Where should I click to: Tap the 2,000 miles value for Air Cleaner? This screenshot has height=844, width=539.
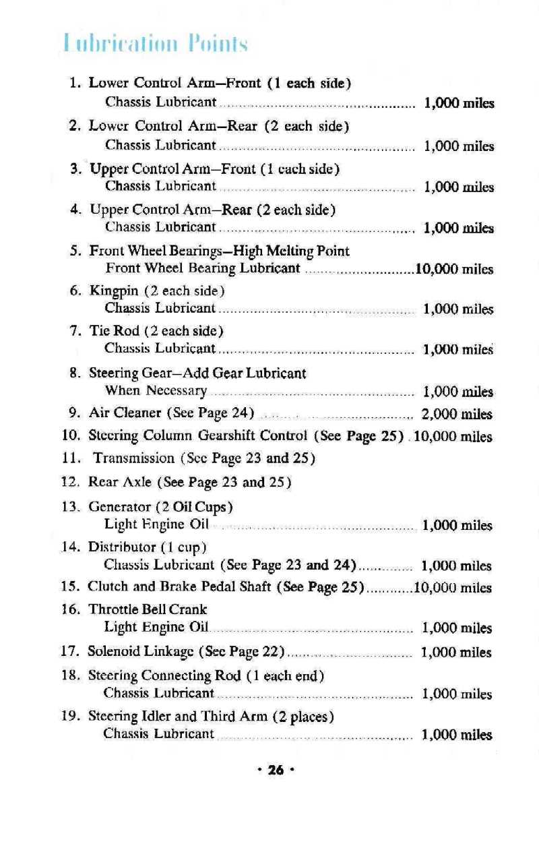[x=456, y=414]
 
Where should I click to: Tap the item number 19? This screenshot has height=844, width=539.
[x=71, y=715]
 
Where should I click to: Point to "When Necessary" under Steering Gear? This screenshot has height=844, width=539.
[x=156, y=391]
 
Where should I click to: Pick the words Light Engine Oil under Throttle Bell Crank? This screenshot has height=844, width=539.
[x=156, y=628]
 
